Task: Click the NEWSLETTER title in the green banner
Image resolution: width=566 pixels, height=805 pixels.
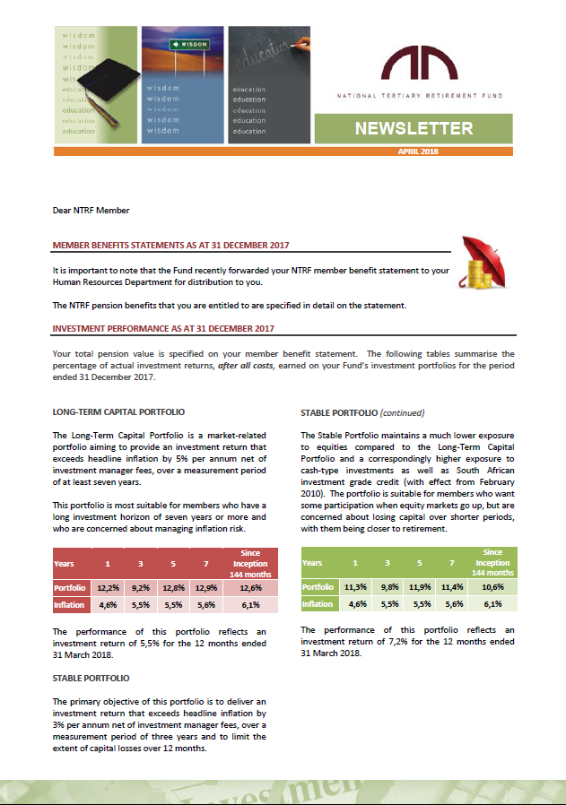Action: [414, 128]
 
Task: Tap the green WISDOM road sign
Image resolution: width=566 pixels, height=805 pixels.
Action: [188, 43]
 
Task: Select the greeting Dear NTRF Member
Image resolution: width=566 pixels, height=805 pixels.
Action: [91, 211]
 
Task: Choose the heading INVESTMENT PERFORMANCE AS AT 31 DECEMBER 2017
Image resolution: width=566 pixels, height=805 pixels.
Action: [163, 329]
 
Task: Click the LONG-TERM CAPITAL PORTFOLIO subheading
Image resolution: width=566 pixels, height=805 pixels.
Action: [118, 412]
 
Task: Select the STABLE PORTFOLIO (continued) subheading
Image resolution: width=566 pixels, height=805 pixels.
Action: [362, 413]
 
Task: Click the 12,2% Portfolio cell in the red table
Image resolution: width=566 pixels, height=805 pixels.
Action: [109, 587]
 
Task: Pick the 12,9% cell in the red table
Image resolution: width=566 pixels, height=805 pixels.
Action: [205, 587]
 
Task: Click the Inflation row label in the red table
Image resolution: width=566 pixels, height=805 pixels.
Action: [71, 605]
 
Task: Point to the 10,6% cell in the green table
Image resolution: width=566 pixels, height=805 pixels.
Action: [492, 587]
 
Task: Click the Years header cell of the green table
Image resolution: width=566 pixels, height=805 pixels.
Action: [313, 563]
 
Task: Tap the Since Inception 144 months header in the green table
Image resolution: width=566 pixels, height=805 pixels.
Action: [492, 562]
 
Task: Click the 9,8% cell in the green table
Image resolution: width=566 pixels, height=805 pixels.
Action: [387, 587]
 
